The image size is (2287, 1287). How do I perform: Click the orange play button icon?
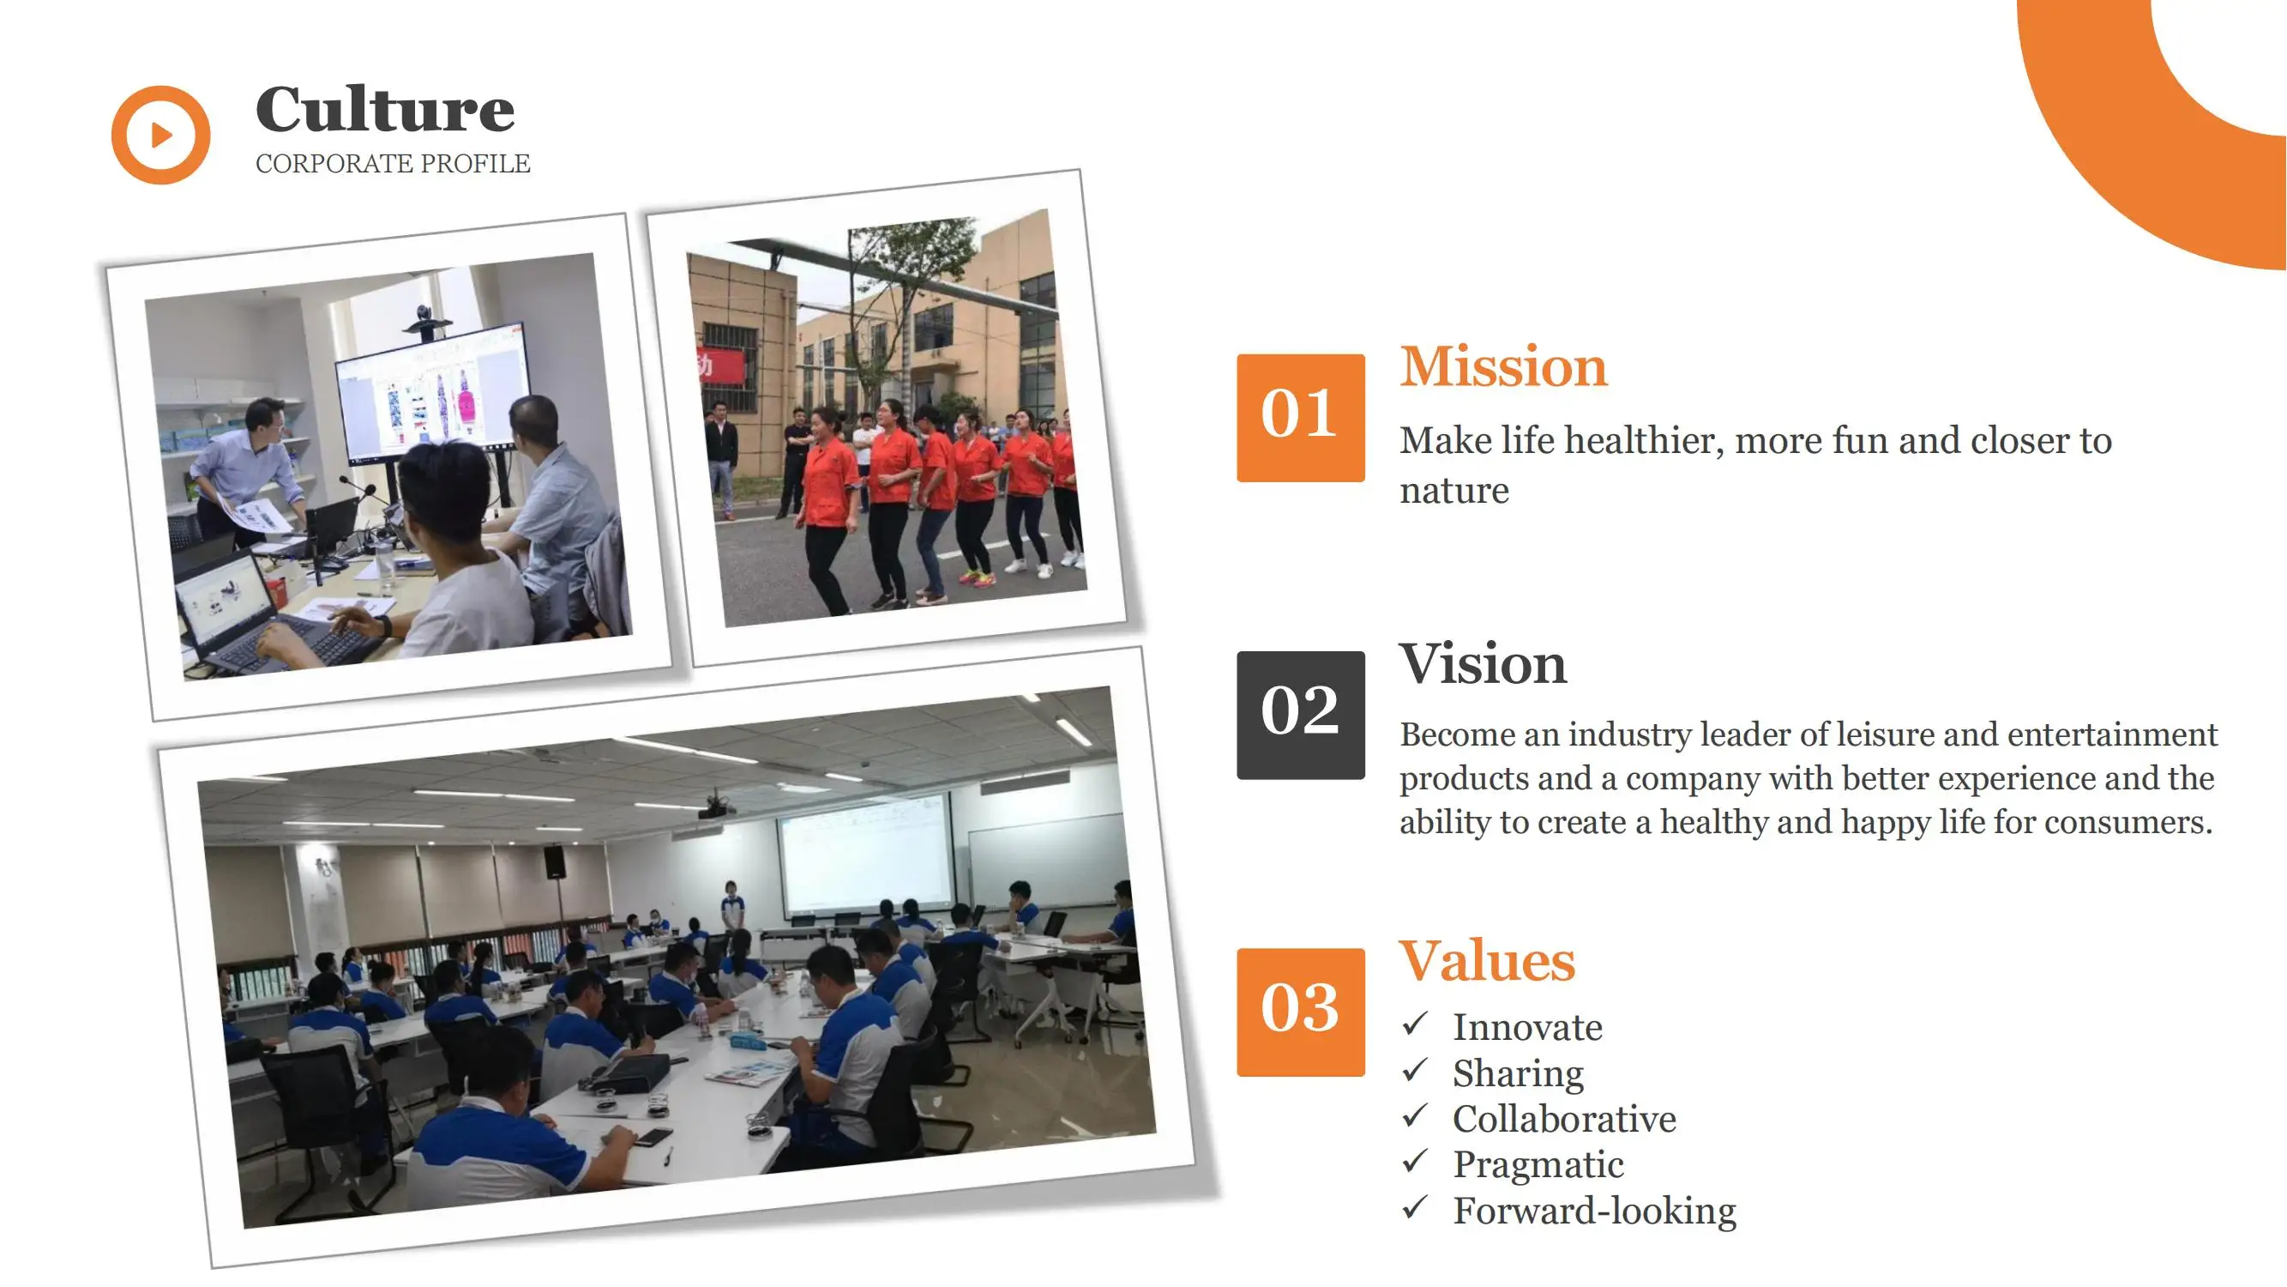(160, 135)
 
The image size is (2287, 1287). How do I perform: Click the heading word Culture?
(384, 109)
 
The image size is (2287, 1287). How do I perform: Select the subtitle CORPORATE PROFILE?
(393, 163)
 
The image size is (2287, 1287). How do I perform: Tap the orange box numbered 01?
(1301, 418)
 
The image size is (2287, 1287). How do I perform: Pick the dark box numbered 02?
(1301, 715)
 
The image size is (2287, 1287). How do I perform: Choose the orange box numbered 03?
(1301, 1012)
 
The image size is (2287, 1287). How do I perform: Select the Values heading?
(1487, 961)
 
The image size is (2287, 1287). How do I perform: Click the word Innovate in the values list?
(1527, 1028)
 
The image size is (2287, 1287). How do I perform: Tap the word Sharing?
(1518, 1074)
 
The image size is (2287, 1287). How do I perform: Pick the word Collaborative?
(1564, 1119)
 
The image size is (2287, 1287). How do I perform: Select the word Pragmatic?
(1538, 1165)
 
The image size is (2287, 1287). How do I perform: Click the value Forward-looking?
(1594, 1211)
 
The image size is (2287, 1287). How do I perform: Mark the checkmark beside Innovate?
(1415, 1024)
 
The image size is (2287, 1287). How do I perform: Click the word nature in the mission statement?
(1454, 491)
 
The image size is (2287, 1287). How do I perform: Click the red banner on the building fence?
(719, 364)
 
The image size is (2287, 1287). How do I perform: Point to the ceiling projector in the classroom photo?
(715, 807)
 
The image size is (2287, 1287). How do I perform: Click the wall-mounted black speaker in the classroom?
(554, 861)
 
